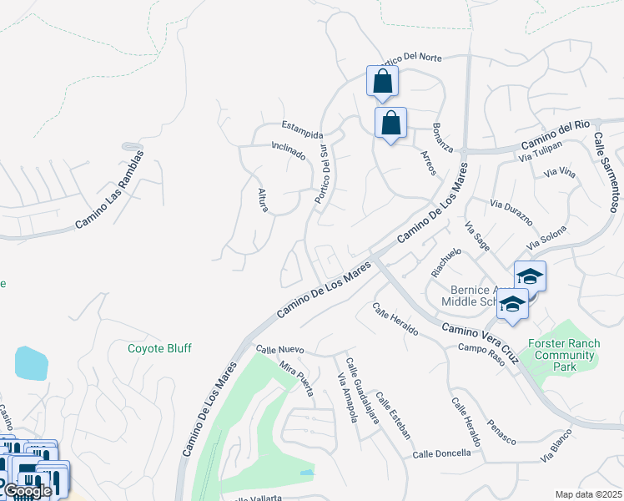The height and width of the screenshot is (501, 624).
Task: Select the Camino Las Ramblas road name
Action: [x=109, y=190]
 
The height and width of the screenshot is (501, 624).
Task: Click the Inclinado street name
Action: [x=289, y=151]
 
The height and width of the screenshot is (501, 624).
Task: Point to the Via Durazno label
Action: [x=511, y=215]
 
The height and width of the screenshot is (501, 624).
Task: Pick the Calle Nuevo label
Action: [x=280, y=350]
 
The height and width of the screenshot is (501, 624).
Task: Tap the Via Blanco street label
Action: [x=559, y=451]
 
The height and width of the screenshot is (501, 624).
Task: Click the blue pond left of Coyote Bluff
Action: [x=31, y=363]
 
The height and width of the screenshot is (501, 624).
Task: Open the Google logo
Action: [x=27, y=491]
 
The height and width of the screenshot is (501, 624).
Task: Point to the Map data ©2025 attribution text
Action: [x=588, y=494]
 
